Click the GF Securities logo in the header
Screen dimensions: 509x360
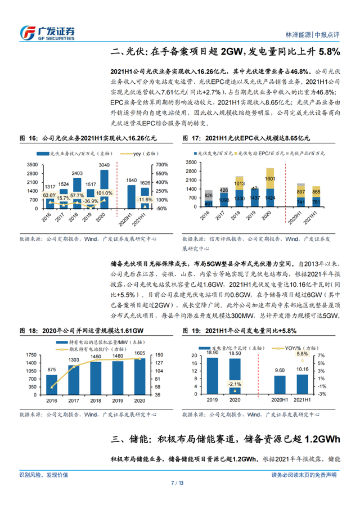coord(47,32)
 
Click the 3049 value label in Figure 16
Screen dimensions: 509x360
coord(105,164)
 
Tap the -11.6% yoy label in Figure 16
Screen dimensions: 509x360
coord(145,199)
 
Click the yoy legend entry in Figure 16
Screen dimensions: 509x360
coord(134,154)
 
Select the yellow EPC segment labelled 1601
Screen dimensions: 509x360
coord(271,179)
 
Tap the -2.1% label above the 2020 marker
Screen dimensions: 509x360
coord(235,384)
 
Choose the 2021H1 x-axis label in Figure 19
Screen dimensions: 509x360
coord(303,400)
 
